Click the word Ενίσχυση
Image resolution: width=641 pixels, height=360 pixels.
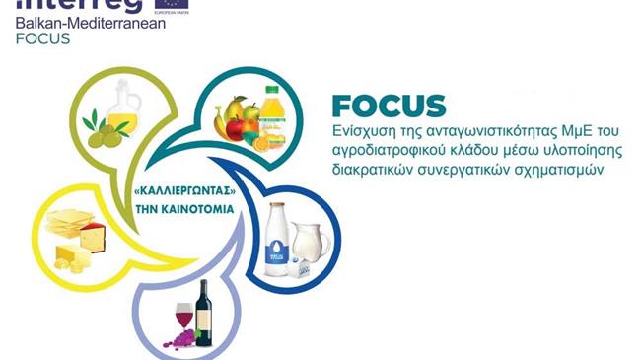[362, 131]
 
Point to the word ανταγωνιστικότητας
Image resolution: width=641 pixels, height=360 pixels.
[478, 131]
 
